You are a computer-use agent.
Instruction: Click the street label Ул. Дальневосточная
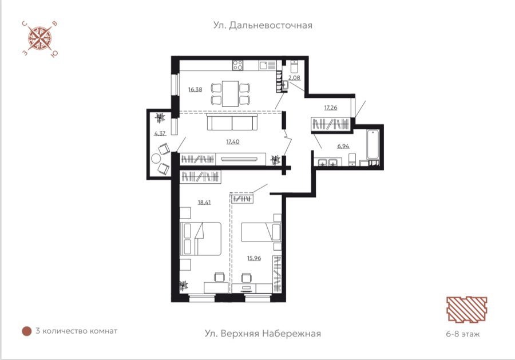[263, 26]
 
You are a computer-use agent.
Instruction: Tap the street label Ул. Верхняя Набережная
[263, 334]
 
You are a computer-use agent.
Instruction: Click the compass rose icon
[39, 39]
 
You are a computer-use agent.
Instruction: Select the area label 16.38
[195, 89]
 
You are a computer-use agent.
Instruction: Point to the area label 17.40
[232, 141]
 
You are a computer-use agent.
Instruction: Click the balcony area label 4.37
[160, 133]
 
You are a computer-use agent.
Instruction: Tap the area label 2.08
[294, 78]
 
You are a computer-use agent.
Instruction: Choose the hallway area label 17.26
[331, 108]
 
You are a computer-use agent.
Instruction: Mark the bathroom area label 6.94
[343, 146]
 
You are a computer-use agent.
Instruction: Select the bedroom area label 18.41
[204, 203]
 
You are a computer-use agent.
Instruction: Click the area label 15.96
[254, 258]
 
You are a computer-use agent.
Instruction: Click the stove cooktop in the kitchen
[238, 65]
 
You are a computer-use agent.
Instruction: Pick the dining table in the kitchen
[230, 94]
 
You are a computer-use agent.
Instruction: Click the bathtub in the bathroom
[373, 145]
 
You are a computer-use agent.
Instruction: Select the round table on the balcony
[156, 159]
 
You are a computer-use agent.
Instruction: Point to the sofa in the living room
[232, 122]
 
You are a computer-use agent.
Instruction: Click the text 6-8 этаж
[463, 334]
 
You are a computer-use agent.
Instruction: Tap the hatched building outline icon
[467, 309]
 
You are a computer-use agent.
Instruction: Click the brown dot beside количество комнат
[26, 331]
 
